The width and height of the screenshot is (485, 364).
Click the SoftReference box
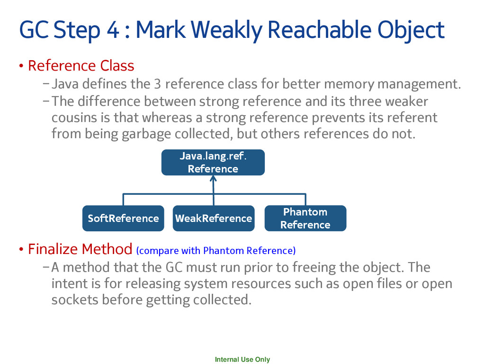point(123,218)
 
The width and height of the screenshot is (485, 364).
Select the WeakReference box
point(213,218)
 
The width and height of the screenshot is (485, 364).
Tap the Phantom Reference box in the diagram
point(305,218)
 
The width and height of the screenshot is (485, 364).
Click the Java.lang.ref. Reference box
point(213,163)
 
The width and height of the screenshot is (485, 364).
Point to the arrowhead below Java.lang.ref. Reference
point(213,179)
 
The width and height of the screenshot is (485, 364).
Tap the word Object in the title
point(411,30)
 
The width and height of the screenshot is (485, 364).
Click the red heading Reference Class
point(81,65)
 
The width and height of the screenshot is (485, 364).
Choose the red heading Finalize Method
point(80,248)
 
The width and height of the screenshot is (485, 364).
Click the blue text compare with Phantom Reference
point(216,250)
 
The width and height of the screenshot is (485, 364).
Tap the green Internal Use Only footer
point(242,360)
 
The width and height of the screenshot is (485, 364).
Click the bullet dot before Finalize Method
point(21,249)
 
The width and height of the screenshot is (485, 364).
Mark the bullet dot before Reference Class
point(21,66)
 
